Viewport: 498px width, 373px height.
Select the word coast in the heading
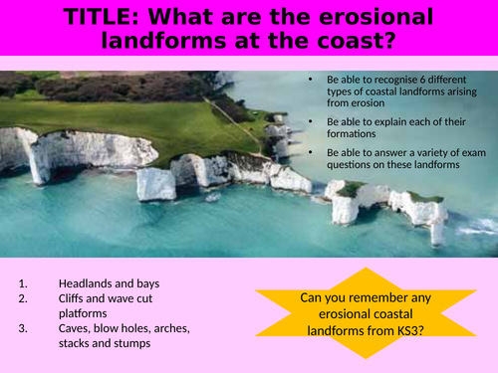tap(350, 43)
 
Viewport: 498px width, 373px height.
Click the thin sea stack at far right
tap(436, 231)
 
